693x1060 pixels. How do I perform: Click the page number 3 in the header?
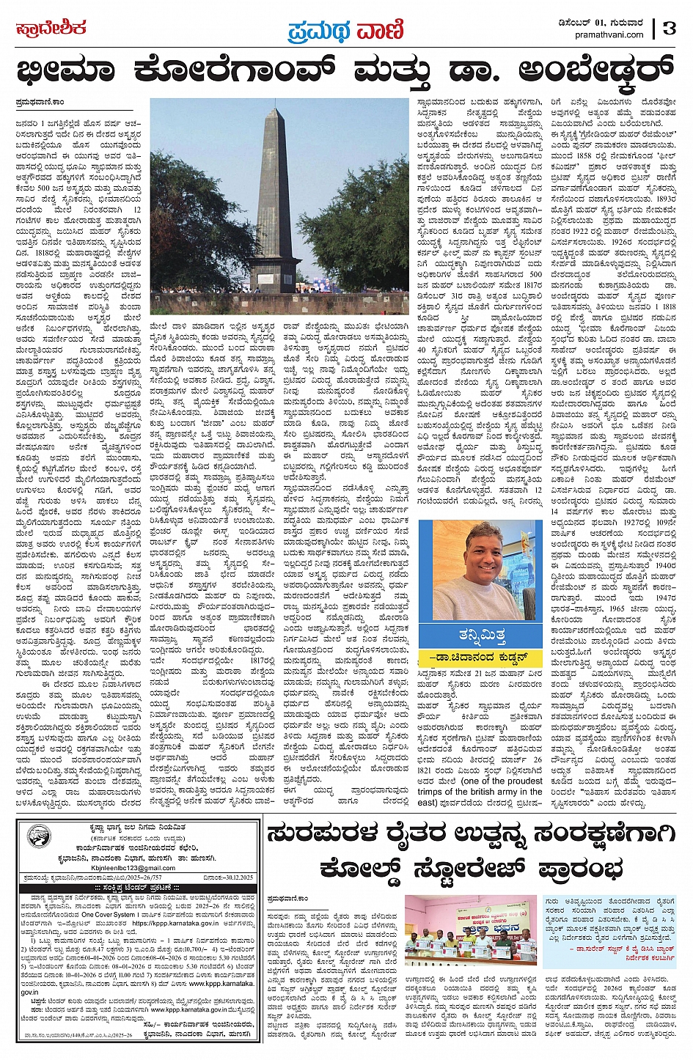click(x=669, y=29)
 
